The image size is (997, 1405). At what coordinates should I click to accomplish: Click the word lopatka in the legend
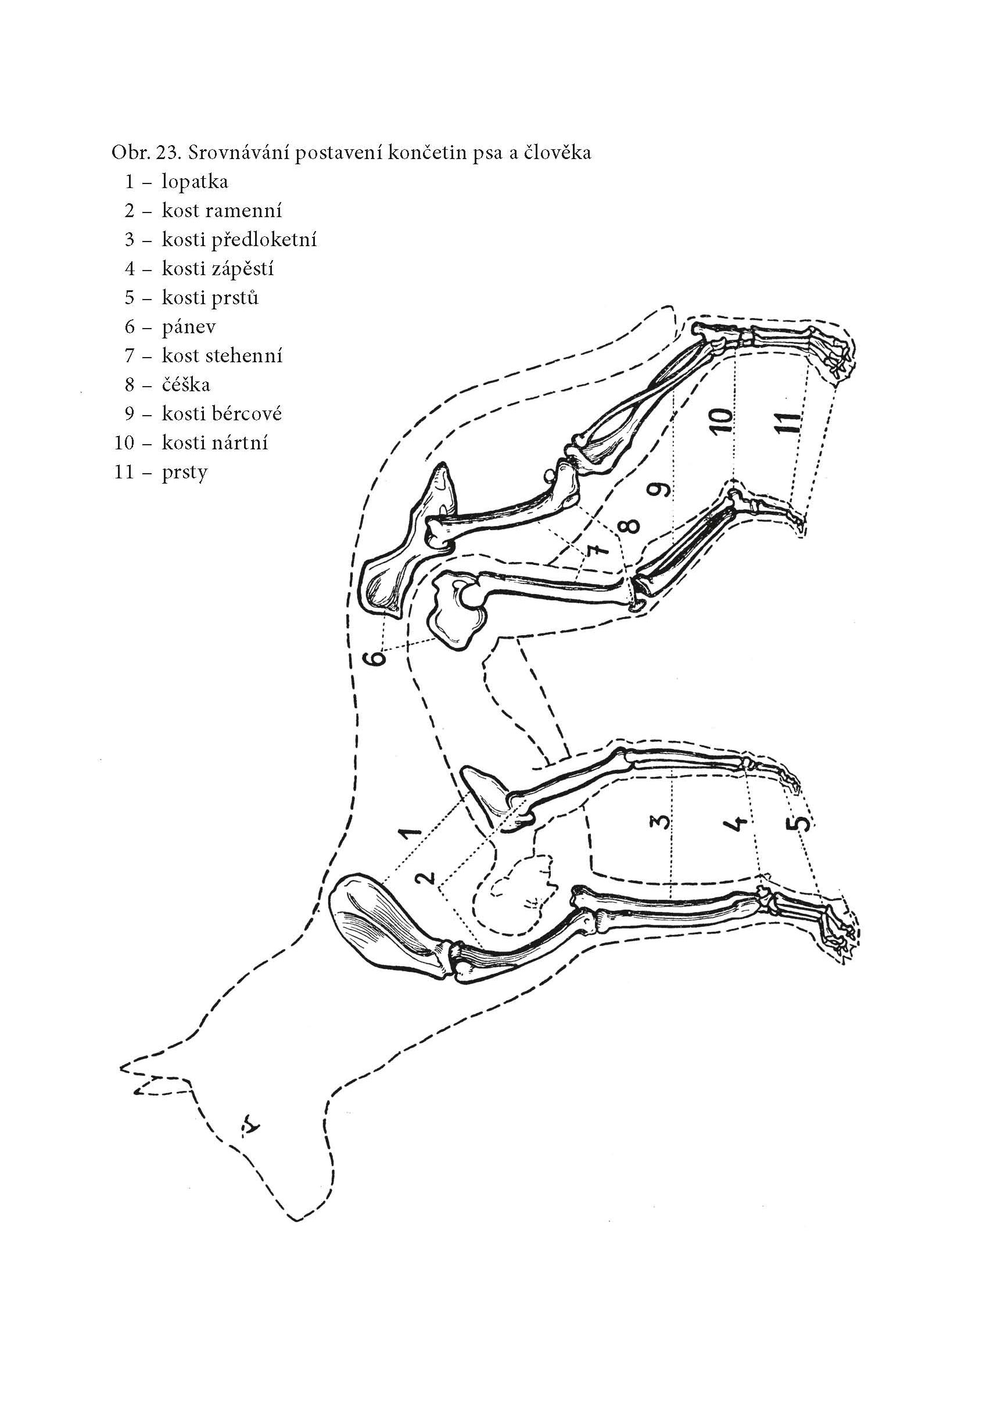pyautogui.click(x=195, y=182)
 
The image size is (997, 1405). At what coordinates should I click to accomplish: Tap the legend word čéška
pyautogui.click(x=185, y=385)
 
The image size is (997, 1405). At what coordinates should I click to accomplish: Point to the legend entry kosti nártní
pyautogui.click(x=215, y=442)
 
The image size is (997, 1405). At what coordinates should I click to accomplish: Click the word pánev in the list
pyautogui.click(x=188, y=327)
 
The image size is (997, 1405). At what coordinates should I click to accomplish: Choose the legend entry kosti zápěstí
pyautogui.click(x=217, y=269)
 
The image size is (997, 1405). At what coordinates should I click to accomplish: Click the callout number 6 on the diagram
pyautogui.click(x=376, y=659)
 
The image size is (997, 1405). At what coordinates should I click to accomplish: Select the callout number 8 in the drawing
pyautogui.click(x=630, y=526)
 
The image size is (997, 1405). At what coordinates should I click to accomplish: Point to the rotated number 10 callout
pyautogui.click(x=723, y=420)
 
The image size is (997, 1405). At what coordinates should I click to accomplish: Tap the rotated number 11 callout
pyautogui.click(x=790, y=423)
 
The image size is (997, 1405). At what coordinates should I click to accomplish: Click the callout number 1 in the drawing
pyautogui.click(x=410, y=833)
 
